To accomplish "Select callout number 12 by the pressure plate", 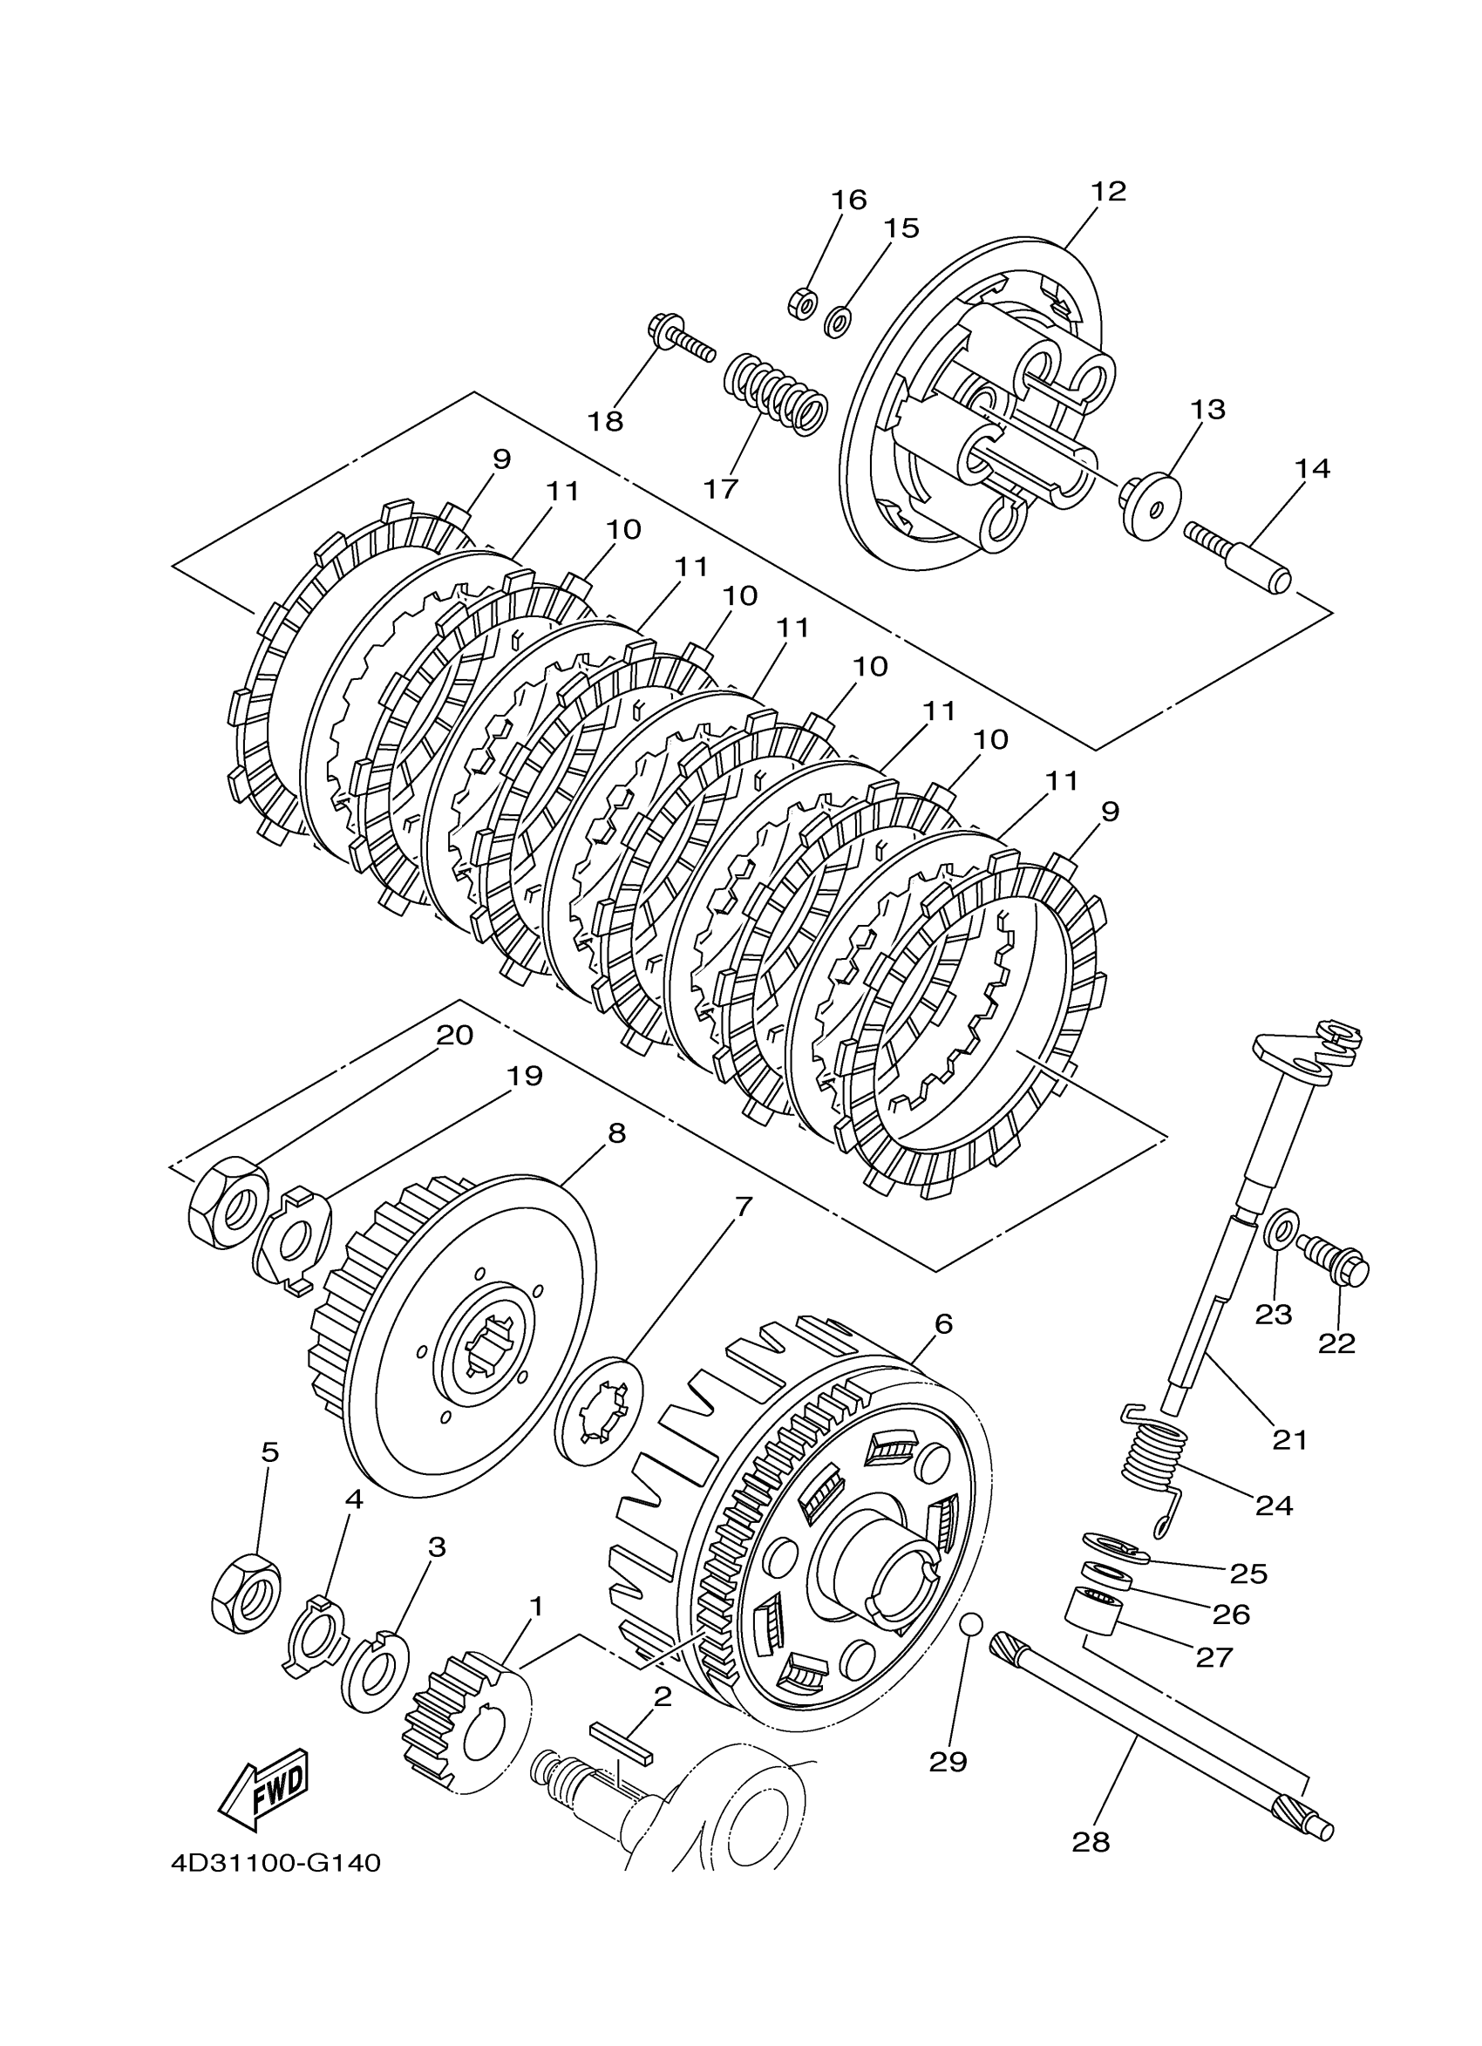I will (x=1108, y=191).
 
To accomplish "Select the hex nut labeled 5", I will (x=245, y=1594).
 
